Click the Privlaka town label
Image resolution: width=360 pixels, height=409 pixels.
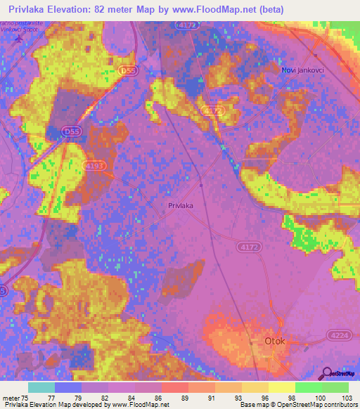181,205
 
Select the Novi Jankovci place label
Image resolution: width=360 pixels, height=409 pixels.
302,70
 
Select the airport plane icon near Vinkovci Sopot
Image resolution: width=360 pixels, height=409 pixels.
27,37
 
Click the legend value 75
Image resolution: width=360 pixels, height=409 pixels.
28,397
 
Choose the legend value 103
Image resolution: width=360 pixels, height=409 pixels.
344,397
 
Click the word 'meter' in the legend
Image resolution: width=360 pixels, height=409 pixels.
11,397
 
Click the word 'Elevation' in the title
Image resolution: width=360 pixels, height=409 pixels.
74,9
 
